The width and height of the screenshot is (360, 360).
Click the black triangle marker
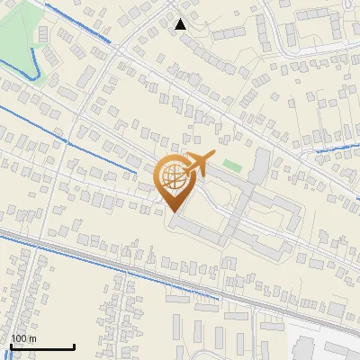point(181,24)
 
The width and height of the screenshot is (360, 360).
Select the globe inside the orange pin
point(175,177)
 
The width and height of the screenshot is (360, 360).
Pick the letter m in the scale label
point(32,337)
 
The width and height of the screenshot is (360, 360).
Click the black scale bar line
point(41,346)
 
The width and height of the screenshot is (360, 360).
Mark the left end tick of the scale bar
point(11,345)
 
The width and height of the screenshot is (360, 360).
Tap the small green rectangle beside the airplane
point(232,166)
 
